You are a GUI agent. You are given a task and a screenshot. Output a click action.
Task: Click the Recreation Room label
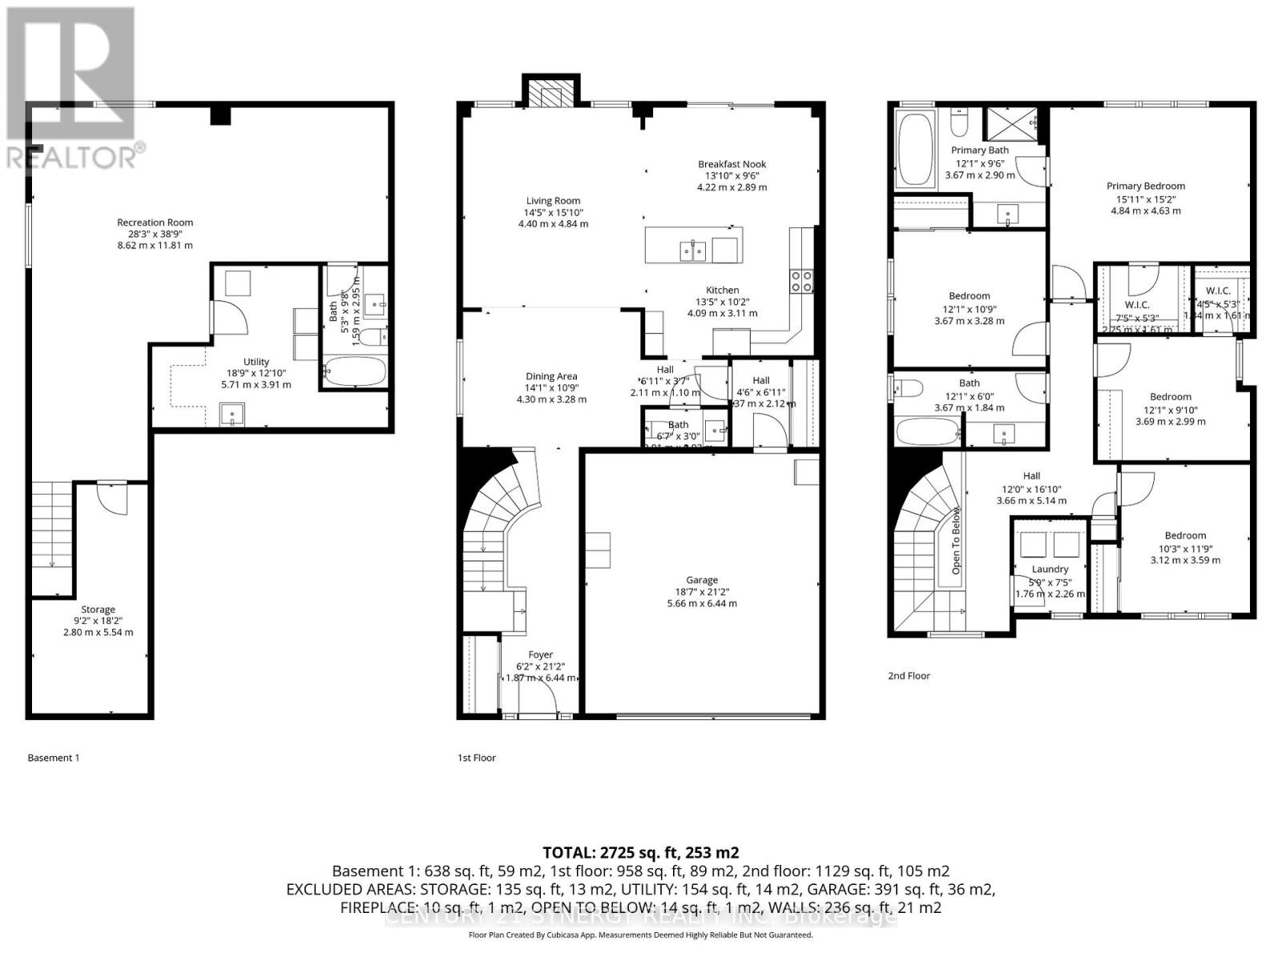pos(155,223)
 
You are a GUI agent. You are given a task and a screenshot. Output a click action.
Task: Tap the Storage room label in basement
pos(98,609)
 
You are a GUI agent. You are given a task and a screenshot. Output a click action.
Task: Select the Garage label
pos(701,580)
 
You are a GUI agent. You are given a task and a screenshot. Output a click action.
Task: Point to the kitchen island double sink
pos(692,251)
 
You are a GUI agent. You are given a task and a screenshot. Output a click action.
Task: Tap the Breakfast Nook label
pos(732,164)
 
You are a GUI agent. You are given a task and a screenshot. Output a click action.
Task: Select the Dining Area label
pos(551,376)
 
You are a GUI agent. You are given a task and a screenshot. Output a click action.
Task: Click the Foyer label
pos(541,655)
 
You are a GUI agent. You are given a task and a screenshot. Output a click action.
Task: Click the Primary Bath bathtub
pos(915,149)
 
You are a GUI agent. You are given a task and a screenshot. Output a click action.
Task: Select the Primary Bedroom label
pos(1145,186)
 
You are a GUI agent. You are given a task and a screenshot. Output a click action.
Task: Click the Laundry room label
pos(1050,569)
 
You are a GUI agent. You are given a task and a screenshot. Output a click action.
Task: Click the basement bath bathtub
pos(355,372)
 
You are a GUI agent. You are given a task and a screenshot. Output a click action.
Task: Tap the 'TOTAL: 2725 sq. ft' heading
pos(640,852)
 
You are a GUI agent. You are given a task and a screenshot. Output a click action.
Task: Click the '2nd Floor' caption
pos(909,676)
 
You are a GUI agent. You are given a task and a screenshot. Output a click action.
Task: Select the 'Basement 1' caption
pos(54,758)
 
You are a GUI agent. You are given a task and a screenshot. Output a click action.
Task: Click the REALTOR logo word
pos(72,158)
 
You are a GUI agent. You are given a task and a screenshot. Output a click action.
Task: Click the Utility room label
pos(256,362)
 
